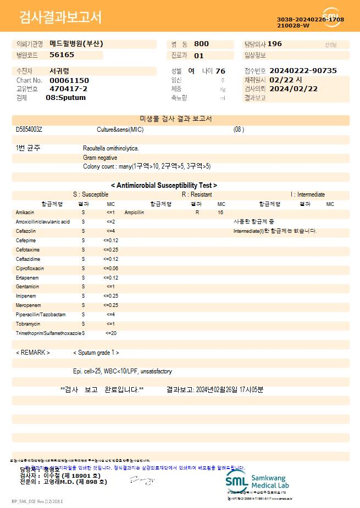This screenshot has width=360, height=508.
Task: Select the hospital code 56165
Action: coord(62,55)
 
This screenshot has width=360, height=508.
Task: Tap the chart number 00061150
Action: coord(69,80)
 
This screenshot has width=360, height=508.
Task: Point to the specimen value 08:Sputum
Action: coord(65,98)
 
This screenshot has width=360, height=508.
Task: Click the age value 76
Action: coord(220,71)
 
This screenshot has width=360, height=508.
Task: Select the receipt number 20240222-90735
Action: coord(303,71)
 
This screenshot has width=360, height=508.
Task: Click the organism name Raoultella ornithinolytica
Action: coord(111,148)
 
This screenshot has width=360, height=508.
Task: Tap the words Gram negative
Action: coord(100,158)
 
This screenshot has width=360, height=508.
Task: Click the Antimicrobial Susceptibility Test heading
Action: coord(164,186)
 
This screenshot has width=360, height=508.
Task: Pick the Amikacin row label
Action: coord(25,212)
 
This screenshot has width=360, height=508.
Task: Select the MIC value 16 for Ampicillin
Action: coord(220,212)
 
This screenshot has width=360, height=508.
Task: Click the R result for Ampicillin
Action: coord(197,212)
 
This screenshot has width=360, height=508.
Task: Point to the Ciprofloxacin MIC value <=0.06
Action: coord(110,269)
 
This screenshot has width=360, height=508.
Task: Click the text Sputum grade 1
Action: coord(96,353)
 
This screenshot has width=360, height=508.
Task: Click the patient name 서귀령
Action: coord(59,71)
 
